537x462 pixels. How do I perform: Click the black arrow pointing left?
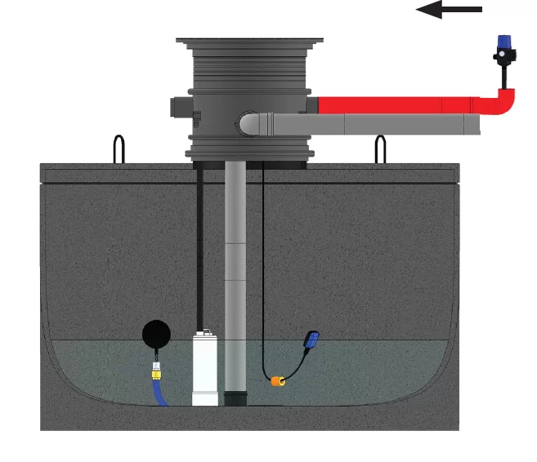click(449, 10)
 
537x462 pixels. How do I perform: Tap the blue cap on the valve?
click(505, 42)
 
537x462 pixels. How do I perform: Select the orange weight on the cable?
click(278, 380)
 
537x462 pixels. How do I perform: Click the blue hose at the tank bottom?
click(159, 395)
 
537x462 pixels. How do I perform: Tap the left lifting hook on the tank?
click(119, 149)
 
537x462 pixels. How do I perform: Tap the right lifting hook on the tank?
click(380, 149)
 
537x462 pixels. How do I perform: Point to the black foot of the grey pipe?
click(235, 398)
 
